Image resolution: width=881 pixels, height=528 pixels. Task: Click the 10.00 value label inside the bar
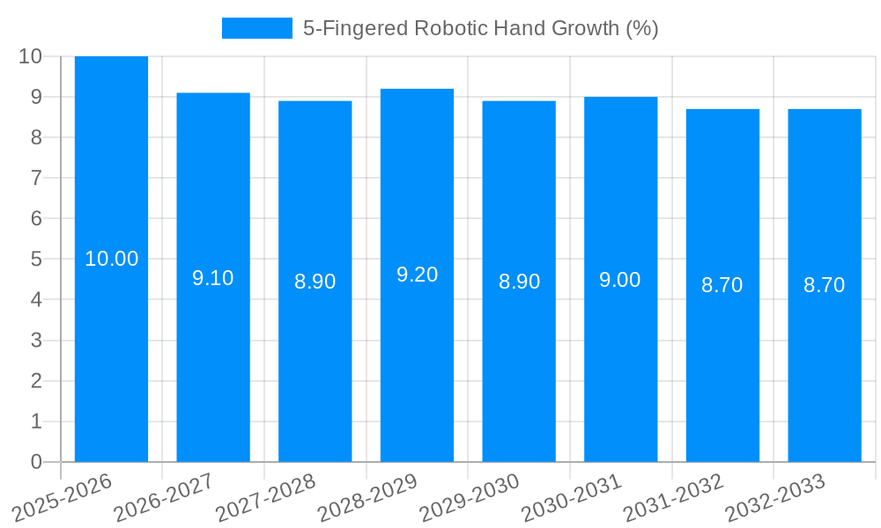pyautogui.click(x=111, y=259)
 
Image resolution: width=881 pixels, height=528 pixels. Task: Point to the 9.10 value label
pyautogui.click(x=213, y=278)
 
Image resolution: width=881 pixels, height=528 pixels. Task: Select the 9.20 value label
pyautogui.click(x=417, y=275)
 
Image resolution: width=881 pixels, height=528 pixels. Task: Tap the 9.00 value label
pyautogui.click(x=620, y=280)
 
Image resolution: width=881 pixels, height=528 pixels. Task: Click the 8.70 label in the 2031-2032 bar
pyautogui.click(x=722, y=285)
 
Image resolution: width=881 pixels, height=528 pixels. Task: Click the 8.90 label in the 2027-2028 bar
pyautogui.click(x=315, y=282)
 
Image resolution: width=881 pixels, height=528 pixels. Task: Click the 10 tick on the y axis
pyautogui.click(x=30, y=56)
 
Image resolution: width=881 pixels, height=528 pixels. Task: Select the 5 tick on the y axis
pyautogui.click(x=36, y=260)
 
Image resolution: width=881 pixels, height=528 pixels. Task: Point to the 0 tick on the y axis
pyautogui.click(x=36, y=462)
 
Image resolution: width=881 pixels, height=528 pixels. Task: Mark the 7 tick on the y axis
pyautogui.click(x=36, y=178)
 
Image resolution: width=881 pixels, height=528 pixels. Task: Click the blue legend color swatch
pyautogui.click(x=256, y=28)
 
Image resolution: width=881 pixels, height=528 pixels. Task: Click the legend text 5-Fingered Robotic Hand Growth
pyautogui.click(x=480, y=28)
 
